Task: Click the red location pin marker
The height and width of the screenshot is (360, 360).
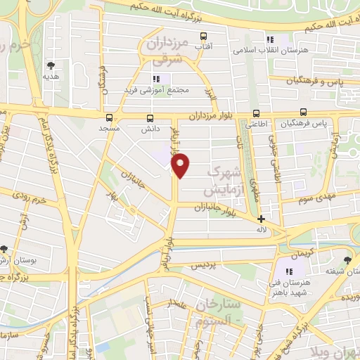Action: pos(181,165)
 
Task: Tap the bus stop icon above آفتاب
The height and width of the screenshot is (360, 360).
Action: pos(204,36)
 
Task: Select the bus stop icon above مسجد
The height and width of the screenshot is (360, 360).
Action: pos(109,117)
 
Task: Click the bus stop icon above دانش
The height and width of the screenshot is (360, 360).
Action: pos(149,118)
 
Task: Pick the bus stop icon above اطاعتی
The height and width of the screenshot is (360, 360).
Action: pos(255,112)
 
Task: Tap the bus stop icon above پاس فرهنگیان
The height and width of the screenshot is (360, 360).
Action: pos(303,112)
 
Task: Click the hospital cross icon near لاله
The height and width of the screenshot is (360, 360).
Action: pos(262,219)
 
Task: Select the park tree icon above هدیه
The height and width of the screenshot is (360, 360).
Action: pos(50,65)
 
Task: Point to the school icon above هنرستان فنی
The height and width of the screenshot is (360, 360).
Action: pos(288,271)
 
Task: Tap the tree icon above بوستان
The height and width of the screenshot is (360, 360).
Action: pos(5,249)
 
